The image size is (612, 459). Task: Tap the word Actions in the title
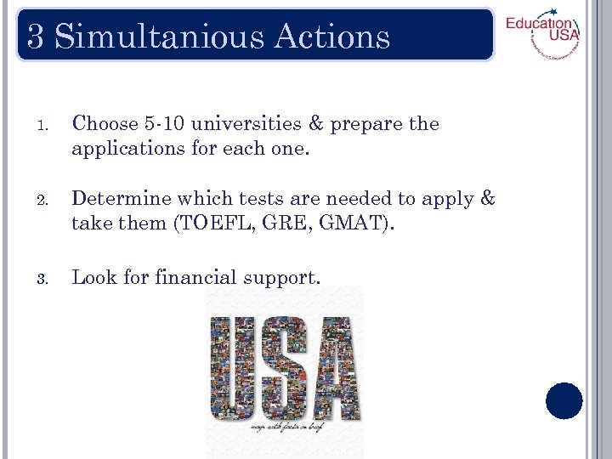point(332,37)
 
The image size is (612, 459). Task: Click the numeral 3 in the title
point(36,37)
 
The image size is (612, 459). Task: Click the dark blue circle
point(564,401)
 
